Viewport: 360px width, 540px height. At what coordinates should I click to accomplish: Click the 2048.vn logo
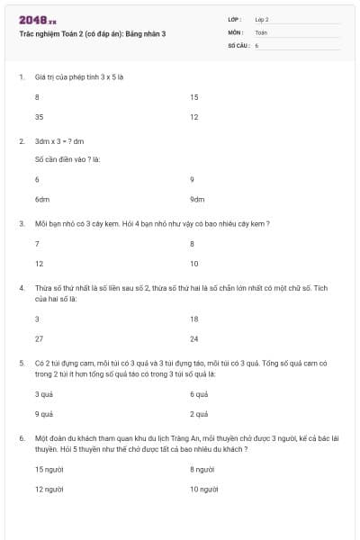[x=38, y=20]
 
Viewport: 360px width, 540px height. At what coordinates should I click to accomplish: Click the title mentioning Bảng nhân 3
[x=92, y=33]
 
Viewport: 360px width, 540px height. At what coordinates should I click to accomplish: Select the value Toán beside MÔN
[x=262, y=31]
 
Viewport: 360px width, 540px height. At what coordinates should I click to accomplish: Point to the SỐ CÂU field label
[x=238, y=44]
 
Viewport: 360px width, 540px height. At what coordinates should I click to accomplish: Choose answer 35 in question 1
[x=39, y=117]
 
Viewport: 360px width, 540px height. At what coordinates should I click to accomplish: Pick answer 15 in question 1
[x=194, y=97]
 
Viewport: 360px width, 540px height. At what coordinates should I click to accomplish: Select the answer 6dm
[x=41, y=200]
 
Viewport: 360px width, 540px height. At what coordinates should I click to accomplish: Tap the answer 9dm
[x=197, y=200]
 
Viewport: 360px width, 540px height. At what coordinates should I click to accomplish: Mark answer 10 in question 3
[x=194, y=264]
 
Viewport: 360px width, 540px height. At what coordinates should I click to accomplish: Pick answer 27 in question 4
[x=39, y=339]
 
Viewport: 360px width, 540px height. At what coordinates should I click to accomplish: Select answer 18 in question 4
[x=194, y=319]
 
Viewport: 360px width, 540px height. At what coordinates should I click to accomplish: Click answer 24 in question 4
[x=194, y=339]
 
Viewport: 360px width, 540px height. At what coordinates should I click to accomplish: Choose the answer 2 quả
[x=199, y=415]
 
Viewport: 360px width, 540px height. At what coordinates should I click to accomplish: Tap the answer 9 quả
[x=43, y=415]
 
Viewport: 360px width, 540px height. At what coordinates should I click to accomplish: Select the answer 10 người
[x=204, y=489]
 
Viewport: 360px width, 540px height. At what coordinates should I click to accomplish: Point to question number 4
[x=21, y=288]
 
